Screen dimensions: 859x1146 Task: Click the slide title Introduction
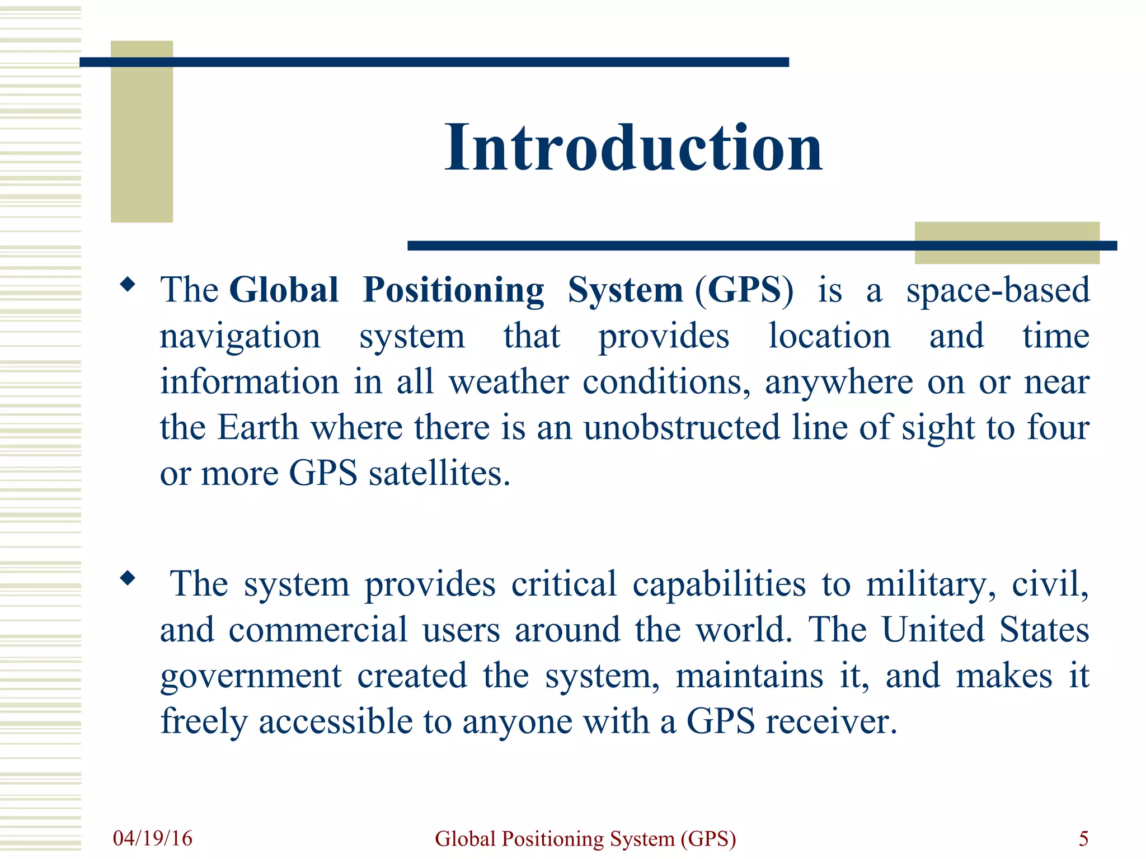[x=633, y=148]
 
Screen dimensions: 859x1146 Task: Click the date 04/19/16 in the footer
[x=152, y=838]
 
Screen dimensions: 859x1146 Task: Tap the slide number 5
[x=1083, y=838]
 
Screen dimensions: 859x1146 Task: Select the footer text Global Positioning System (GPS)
[x=585, y=839]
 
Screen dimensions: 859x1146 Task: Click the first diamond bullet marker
[x=128, y=285]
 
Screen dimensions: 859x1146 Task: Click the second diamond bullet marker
[x=128, y=578]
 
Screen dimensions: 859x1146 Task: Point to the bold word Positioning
[x=453, y=290]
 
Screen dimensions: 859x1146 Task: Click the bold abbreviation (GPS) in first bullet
[x=744, y=290]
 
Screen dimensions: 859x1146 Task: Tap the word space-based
[x=998, y=290]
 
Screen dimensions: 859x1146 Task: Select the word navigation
[x=240, y=337]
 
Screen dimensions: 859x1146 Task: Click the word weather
[x=509, y=382]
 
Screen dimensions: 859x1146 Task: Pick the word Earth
[x=257, y=428]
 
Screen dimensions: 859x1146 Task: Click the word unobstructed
[x=682, y=428]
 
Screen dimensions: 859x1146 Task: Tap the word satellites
[x=439, y=474]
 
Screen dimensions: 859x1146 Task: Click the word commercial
[x=318, y=630]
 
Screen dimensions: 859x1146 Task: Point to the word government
[x=251, y=677]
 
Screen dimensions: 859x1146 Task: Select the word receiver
[x=831, y=721]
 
